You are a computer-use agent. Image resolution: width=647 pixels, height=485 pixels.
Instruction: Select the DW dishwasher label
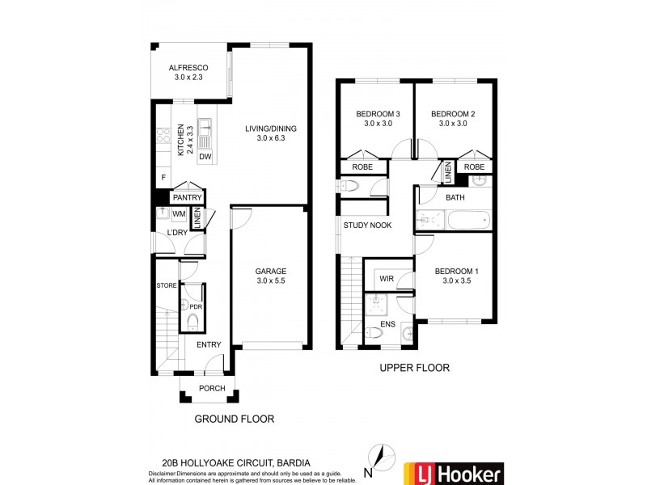(x=205, y=157)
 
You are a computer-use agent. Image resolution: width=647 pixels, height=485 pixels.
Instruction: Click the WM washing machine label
(x=180, y=213)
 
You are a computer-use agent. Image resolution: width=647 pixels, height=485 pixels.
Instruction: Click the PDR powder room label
(x=195, y=306)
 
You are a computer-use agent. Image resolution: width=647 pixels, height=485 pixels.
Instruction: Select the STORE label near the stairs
(x=167, y=285)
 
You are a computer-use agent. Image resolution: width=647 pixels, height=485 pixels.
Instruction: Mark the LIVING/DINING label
(x=272, y=133)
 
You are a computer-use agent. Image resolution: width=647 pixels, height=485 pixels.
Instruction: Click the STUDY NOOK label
(x=367, y=226)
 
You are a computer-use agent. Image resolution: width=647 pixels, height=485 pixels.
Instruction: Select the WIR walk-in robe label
(x=387, y=279)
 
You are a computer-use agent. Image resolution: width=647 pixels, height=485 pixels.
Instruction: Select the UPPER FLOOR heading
(x=414, y=368)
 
